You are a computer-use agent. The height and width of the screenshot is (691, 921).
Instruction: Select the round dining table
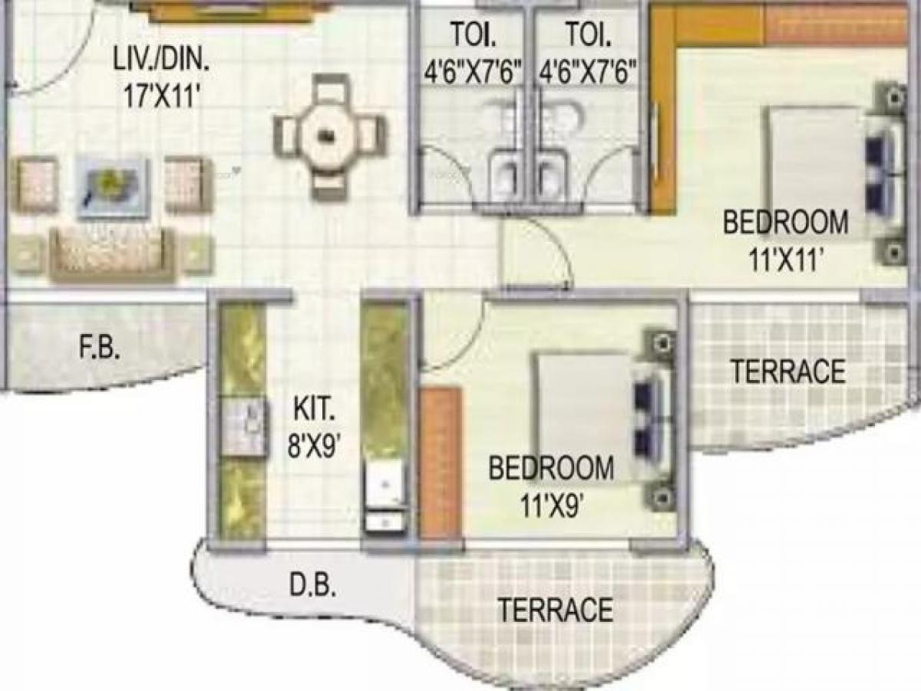[328, 136]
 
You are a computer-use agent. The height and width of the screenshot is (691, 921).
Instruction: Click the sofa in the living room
[112, 253]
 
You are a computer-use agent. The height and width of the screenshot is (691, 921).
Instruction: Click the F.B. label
[100, 349]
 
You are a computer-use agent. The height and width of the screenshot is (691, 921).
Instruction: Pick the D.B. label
[312, 587]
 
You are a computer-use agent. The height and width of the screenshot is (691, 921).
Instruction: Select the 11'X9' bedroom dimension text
[550, 504]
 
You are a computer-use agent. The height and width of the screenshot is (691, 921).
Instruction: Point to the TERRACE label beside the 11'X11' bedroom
[787, 372]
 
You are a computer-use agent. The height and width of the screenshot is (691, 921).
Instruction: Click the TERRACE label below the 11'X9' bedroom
[556, 610]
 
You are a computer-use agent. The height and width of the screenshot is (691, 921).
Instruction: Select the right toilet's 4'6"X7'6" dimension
[589, 73]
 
